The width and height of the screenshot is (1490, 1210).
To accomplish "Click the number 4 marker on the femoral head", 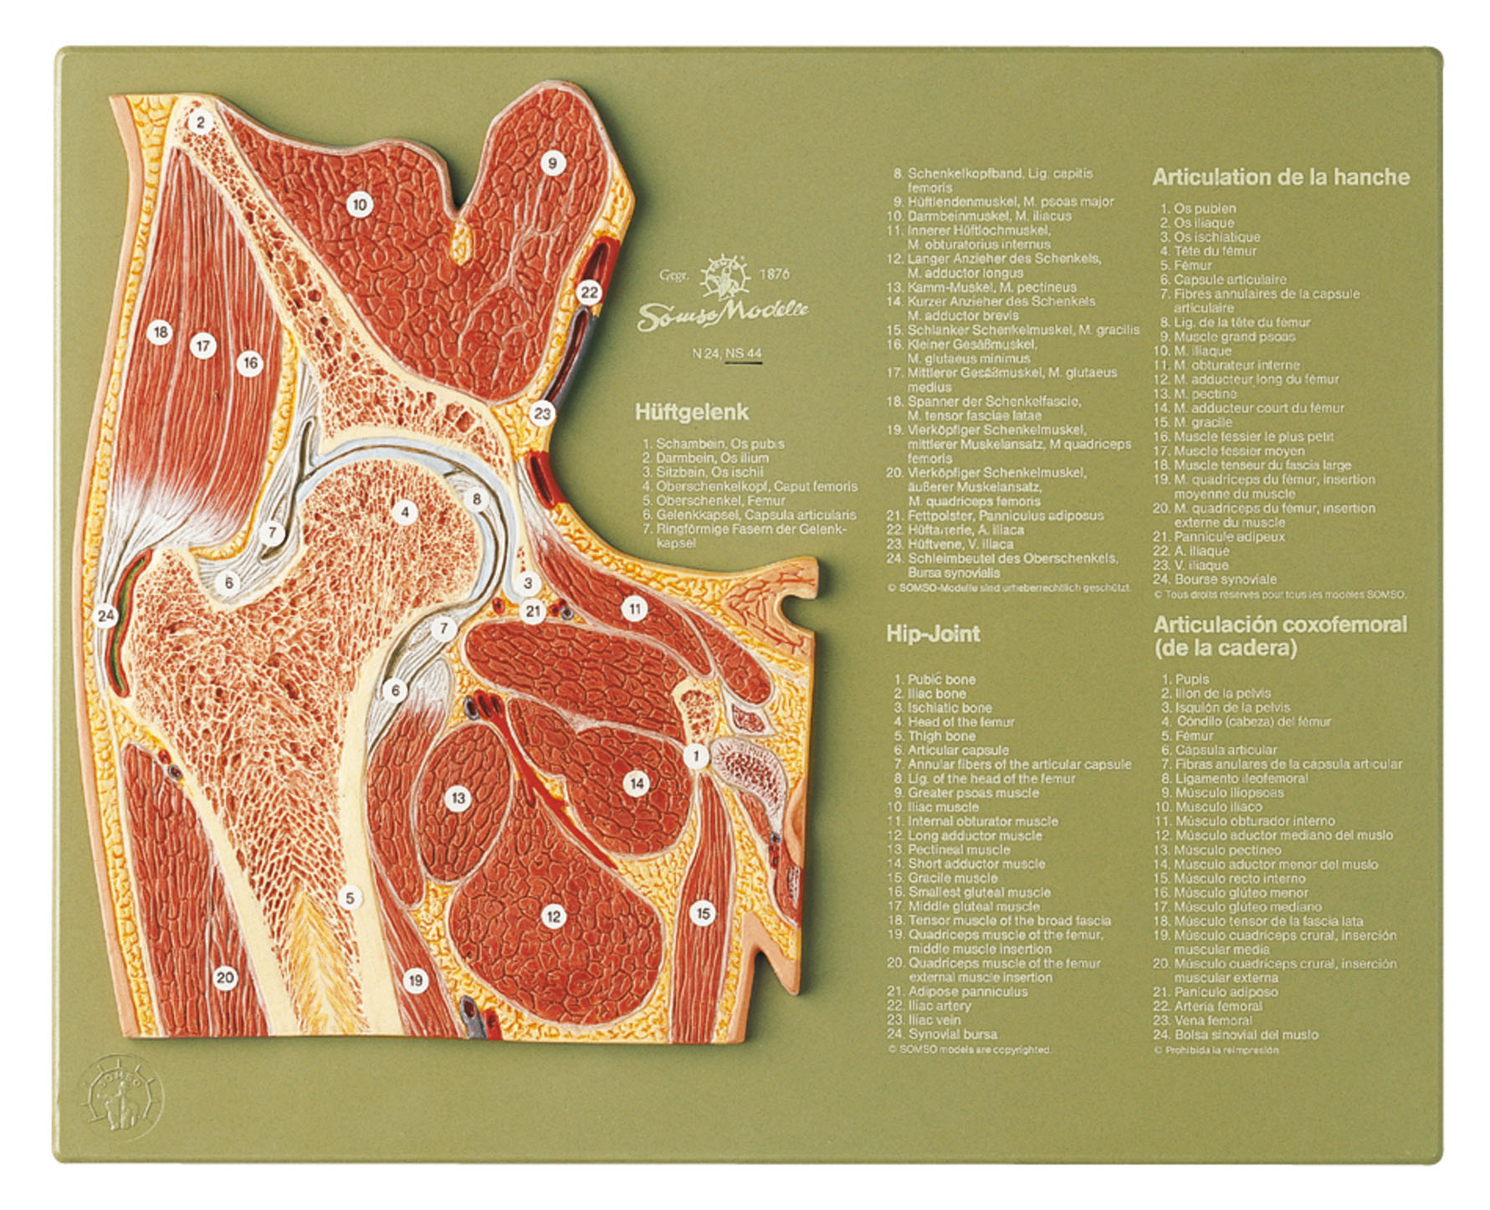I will pos(404,512).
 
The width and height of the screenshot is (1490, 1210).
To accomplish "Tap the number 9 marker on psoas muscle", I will pos(551,162).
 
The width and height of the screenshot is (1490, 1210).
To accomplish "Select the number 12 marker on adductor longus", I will pos(553,916).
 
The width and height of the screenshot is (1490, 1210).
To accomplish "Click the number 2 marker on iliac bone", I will pos(200,123).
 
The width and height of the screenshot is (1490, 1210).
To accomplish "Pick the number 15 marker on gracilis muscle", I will pos(703,913).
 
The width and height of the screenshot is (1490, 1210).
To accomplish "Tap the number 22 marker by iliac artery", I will pos(589,292).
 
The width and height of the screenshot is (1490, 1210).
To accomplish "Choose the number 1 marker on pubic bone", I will pos(695,756).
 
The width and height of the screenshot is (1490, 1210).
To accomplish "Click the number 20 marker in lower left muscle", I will pos(225,977).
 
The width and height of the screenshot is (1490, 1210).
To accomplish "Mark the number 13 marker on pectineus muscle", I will pos(458,797).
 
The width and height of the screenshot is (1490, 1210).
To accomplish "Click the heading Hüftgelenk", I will pos(691,412).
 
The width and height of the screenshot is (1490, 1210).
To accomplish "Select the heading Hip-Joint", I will pos(932,633).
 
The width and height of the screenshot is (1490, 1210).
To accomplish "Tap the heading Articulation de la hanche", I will pos(1280,177).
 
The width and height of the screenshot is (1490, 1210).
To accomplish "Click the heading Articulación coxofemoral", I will pos(1280,625).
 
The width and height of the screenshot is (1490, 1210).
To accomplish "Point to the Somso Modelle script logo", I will pos(723,314).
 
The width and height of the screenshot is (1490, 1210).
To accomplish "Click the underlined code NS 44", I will pos(744,353).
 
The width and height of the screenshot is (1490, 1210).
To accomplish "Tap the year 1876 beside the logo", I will pos(774,274).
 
